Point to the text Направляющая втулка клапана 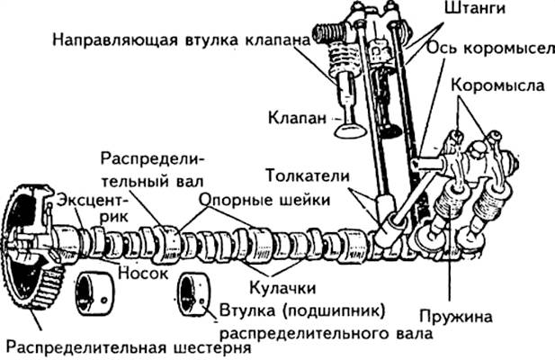click(181, 40)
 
